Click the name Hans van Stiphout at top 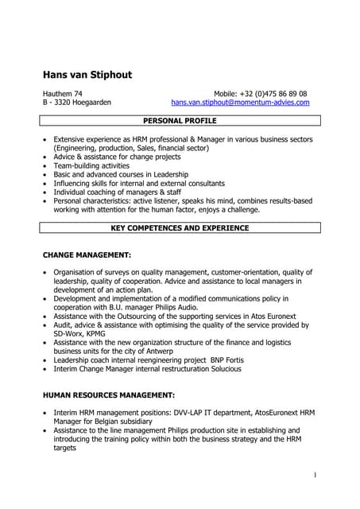point(87,76)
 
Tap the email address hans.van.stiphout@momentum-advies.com point(240,103)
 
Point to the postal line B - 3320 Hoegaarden point(76,103)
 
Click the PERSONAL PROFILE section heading point(180,121)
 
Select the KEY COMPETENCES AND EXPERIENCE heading point(180,228)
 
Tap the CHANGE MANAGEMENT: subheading point(87,255)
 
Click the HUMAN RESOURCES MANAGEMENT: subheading point(108,395)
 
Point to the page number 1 point(315,475)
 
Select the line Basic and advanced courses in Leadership point(121,174)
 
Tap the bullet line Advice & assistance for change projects point(120,157)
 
